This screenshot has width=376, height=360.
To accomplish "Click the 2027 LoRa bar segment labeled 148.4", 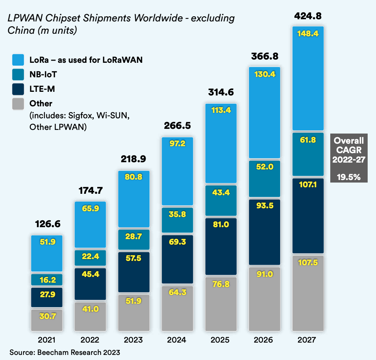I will click(x=308, y=78).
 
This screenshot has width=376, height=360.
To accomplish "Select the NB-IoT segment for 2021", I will click(x=47, y=279).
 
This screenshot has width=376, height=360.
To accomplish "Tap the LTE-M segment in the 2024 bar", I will click(x=177, y=259).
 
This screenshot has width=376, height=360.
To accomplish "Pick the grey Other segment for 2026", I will click(x=264, y=299).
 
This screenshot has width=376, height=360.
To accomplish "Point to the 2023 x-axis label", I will click(x=134, y=340).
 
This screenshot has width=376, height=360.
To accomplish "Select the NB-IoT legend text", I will click(x=43, y=75).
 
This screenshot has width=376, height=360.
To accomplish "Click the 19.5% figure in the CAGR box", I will click(x=348, y=177).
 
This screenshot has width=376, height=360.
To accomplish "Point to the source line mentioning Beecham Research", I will click(x=65, y=352).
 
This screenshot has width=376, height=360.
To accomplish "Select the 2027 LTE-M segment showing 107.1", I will click(x=308, y=216).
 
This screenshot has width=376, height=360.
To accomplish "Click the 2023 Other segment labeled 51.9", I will click(x=134, y=312).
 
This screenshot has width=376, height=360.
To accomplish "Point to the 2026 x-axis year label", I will click(x=264, y=340).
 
